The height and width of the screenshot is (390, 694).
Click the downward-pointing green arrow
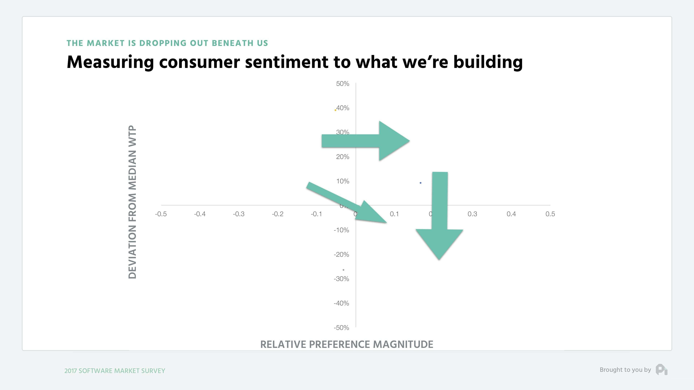pos(439,215)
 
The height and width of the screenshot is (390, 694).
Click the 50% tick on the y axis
pos(342,84)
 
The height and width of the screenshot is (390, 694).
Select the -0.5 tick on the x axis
pos(161,214)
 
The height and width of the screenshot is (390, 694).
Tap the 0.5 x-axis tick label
pos(550,214)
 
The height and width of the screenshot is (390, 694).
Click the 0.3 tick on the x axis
pos(472,214)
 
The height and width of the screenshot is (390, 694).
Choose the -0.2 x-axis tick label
pos(277,214)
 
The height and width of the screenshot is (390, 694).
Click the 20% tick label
pos(342,157)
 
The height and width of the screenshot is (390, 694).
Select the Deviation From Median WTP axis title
pos(132,202)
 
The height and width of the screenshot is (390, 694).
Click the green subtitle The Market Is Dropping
pos(167,43)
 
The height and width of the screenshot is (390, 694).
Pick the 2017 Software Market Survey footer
pos(115,371)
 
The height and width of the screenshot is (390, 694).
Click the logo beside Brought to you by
pos(661,370)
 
